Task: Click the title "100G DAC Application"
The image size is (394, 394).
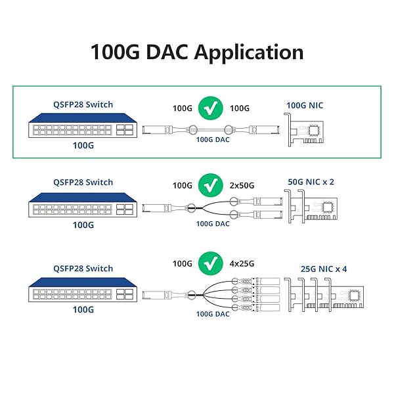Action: coord(196,53)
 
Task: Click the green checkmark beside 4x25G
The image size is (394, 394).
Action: coord(210,264)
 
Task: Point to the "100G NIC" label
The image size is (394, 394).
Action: coord(305,105)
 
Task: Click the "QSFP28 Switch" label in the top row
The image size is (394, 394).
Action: coord(83,103)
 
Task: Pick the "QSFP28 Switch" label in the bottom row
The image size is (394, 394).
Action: coord(83,268)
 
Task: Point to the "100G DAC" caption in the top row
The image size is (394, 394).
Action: coord(212,139)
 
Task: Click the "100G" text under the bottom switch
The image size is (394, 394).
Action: coord(83,308)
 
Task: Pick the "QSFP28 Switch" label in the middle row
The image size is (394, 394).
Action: coord(83,182)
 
